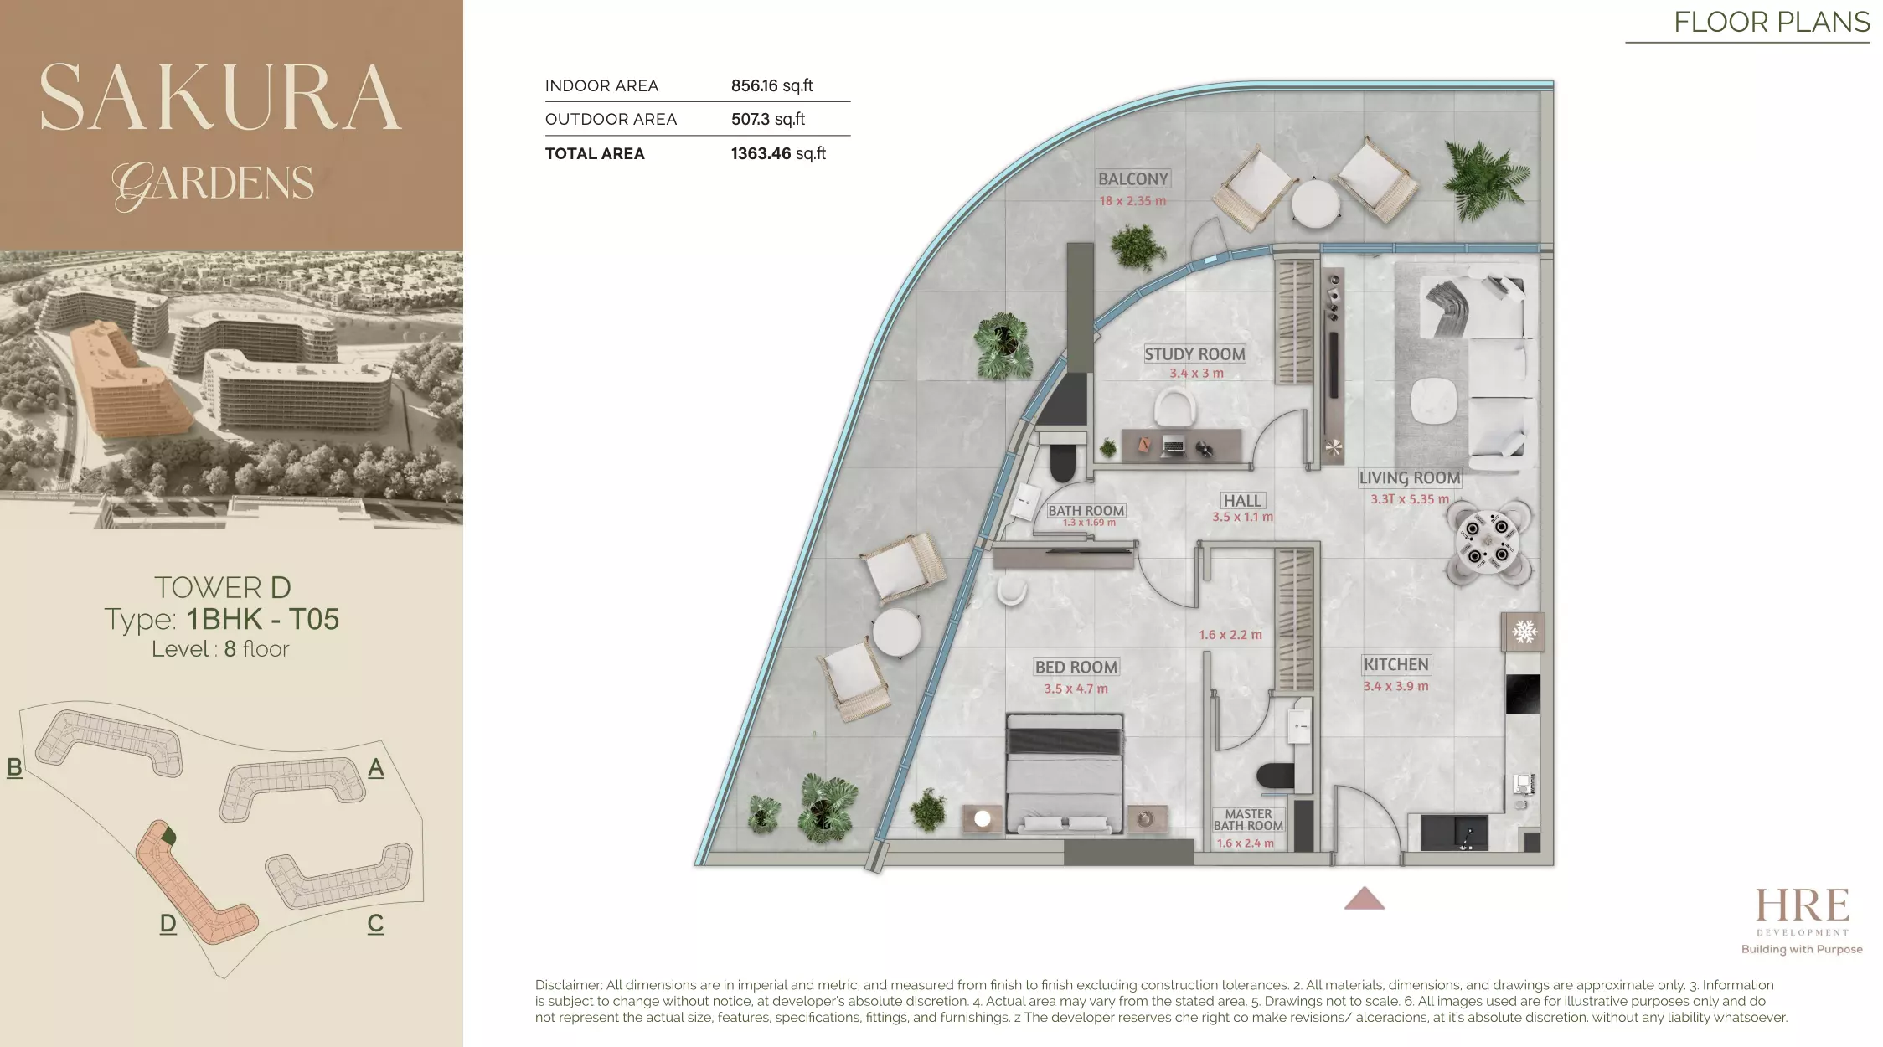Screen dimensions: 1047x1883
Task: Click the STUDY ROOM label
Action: click(x=1194, y=354)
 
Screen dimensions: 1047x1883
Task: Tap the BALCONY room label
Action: click(x=1132, y=179)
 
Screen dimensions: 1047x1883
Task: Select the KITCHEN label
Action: click(x=1395, y=665)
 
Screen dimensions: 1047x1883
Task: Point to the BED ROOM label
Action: click(x=1076, y=668)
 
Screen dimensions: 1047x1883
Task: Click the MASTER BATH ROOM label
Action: click(x=1248, y=820)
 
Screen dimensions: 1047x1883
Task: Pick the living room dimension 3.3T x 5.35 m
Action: click(x=1410, y=499)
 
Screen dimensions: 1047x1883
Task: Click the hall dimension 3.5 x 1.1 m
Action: click(x=1242, y=518)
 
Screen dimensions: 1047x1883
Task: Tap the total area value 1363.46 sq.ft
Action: click(x=778, y=154)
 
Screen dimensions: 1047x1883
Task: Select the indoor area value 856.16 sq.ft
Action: click(x=771, y=86)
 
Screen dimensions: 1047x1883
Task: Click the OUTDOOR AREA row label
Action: click(x=611, y=120)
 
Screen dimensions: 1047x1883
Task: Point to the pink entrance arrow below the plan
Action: click(x=1364, y=899)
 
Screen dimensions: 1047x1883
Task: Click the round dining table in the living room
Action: click(x=1488, y=541)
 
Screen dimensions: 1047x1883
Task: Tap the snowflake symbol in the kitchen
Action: click(x=1524, y=632)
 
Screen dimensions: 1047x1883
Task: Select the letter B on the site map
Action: click(x=14, y=766)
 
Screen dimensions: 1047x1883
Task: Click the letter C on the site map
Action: click(x=375, y=923)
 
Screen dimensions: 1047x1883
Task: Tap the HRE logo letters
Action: click(x=1802, y=906)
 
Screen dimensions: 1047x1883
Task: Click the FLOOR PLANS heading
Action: click(x=1772, y=22)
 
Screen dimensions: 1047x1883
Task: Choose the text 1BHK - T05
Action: click(x=262, y=619)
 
